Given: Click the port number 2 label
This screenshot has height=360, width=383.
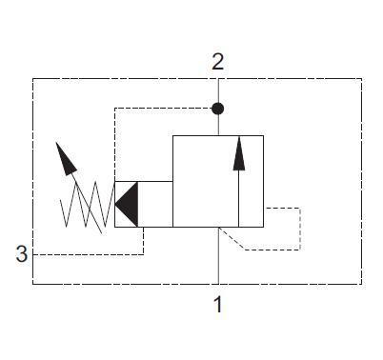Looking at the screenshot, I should point(218,62).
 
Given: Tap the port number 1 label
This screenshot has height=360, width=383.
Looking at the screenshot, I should point(218,305).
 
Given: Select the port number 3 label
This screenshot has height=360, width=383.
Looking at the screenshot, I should point(21,254).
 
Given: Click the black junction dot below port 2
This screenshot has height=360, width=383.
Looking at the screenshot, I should point(218,109).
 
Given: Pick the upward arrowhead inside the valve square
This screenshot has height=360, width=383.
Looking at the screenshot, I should point(237,149).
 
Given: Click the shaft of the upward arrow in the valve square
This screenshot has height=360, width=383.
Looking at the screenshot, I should point(237,195).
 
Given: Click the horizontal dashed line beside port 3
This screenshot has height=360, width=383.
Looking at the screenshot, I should point(86,254).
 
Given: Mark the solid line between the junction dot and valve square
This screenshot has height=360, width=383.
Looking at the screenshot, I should point(218,125).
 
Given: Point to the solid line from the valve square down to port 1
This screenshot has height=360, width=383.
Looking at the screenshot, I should point(218,257).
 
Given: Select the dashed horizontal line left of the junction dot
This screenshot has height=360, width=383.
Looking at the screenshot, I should point(162,109).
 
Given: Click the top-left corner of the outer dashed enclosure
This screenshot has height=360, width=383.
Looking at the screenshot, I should point(33,79).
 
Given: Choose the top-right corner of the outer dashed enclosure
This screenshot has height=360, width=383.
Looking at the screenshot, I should point(361,79).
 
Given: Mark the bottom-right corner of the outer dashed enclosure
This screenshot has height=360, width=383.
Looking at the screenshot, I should point(361,284).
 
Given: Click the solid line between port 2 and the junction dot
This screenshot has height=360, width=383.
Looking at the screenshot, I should point(218,90).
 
